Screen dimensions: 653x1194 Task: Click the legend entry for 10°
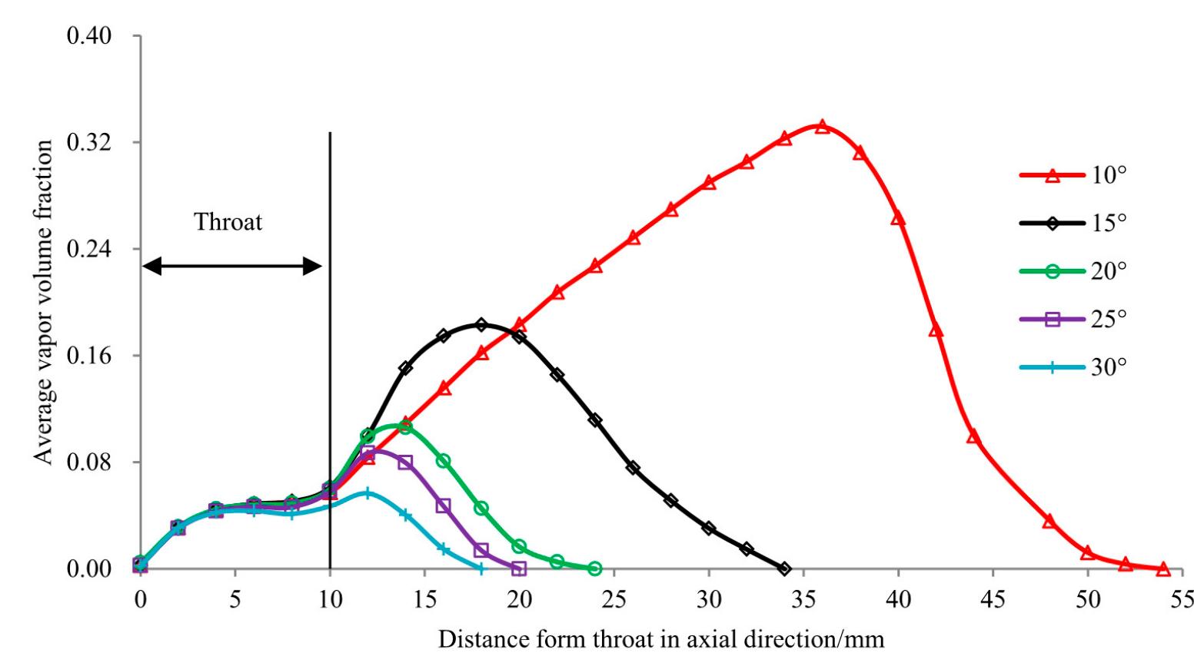1073,175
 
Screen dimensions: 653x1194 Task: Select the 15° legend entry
1073,224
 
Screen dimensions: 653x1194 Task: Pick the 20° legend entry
1073,271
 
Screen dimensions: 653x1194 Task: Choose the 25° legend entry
1073,319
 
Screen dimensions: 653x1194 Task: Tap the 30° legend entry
1073,367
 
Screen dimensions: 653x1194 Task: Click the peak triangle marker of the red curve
822,126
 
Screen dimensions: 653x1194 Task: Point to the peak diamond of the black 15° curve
481,325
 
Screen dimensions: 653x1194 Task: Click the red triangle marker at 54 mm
1163,568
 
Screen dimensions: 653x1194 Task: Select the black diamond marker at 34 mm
784,568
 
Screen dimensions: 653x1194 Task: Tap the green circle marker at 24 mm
594,568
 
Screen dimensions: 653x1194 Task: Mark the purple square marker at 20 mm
519,568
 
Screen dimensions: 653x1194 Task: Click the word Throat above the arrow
228,222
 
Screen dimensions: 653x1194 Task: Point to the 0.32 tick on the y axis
90,143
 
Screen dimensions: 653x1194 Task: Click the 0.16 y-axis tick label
90,356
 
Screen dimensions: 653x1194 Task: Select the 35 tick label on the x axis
803,599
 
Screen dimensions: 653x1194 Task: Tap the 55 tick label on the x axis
1182,599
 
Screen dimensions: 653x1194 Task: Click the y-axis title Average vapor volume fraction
45,302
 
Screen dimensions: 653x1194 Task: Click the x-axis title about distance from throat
661,638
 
